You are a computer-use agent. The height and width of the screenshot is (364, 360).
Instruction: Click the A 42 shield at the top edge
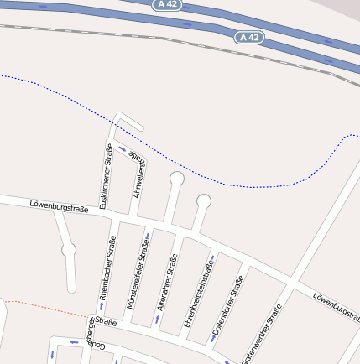[167, 4]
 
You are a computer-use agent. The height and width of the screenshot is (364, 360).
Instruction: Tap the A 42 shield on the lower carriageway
[249, 38]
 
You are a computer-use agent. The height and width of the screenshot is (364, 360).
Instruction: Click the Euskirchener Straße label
[107, 176]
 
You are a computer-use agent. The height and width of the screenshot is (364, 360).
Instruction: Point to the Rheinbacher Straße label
[107, 268]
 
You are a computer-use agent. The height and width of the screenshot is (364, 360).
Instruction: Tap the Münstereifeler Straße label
[138, 274]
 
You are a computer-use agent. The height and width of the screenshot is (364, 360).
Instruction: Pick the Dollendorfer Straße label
[227, 305]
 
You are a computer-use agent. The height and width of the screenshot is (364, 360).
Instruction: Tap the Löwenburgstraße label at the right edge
[336, 309]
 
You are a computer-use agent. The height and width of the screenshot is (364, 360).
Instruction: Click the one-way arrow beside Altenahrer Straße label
[157, 319]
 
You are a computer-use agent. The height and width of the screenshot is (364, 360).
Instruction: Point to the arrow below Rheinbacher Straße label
[102, 305]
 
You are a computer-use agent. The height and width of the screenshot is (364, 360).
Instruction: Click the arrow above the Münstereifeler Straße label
[148, 235]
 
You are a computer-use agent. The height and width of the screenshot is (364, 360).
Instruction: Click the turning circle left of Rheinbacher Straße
[69, 249]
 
